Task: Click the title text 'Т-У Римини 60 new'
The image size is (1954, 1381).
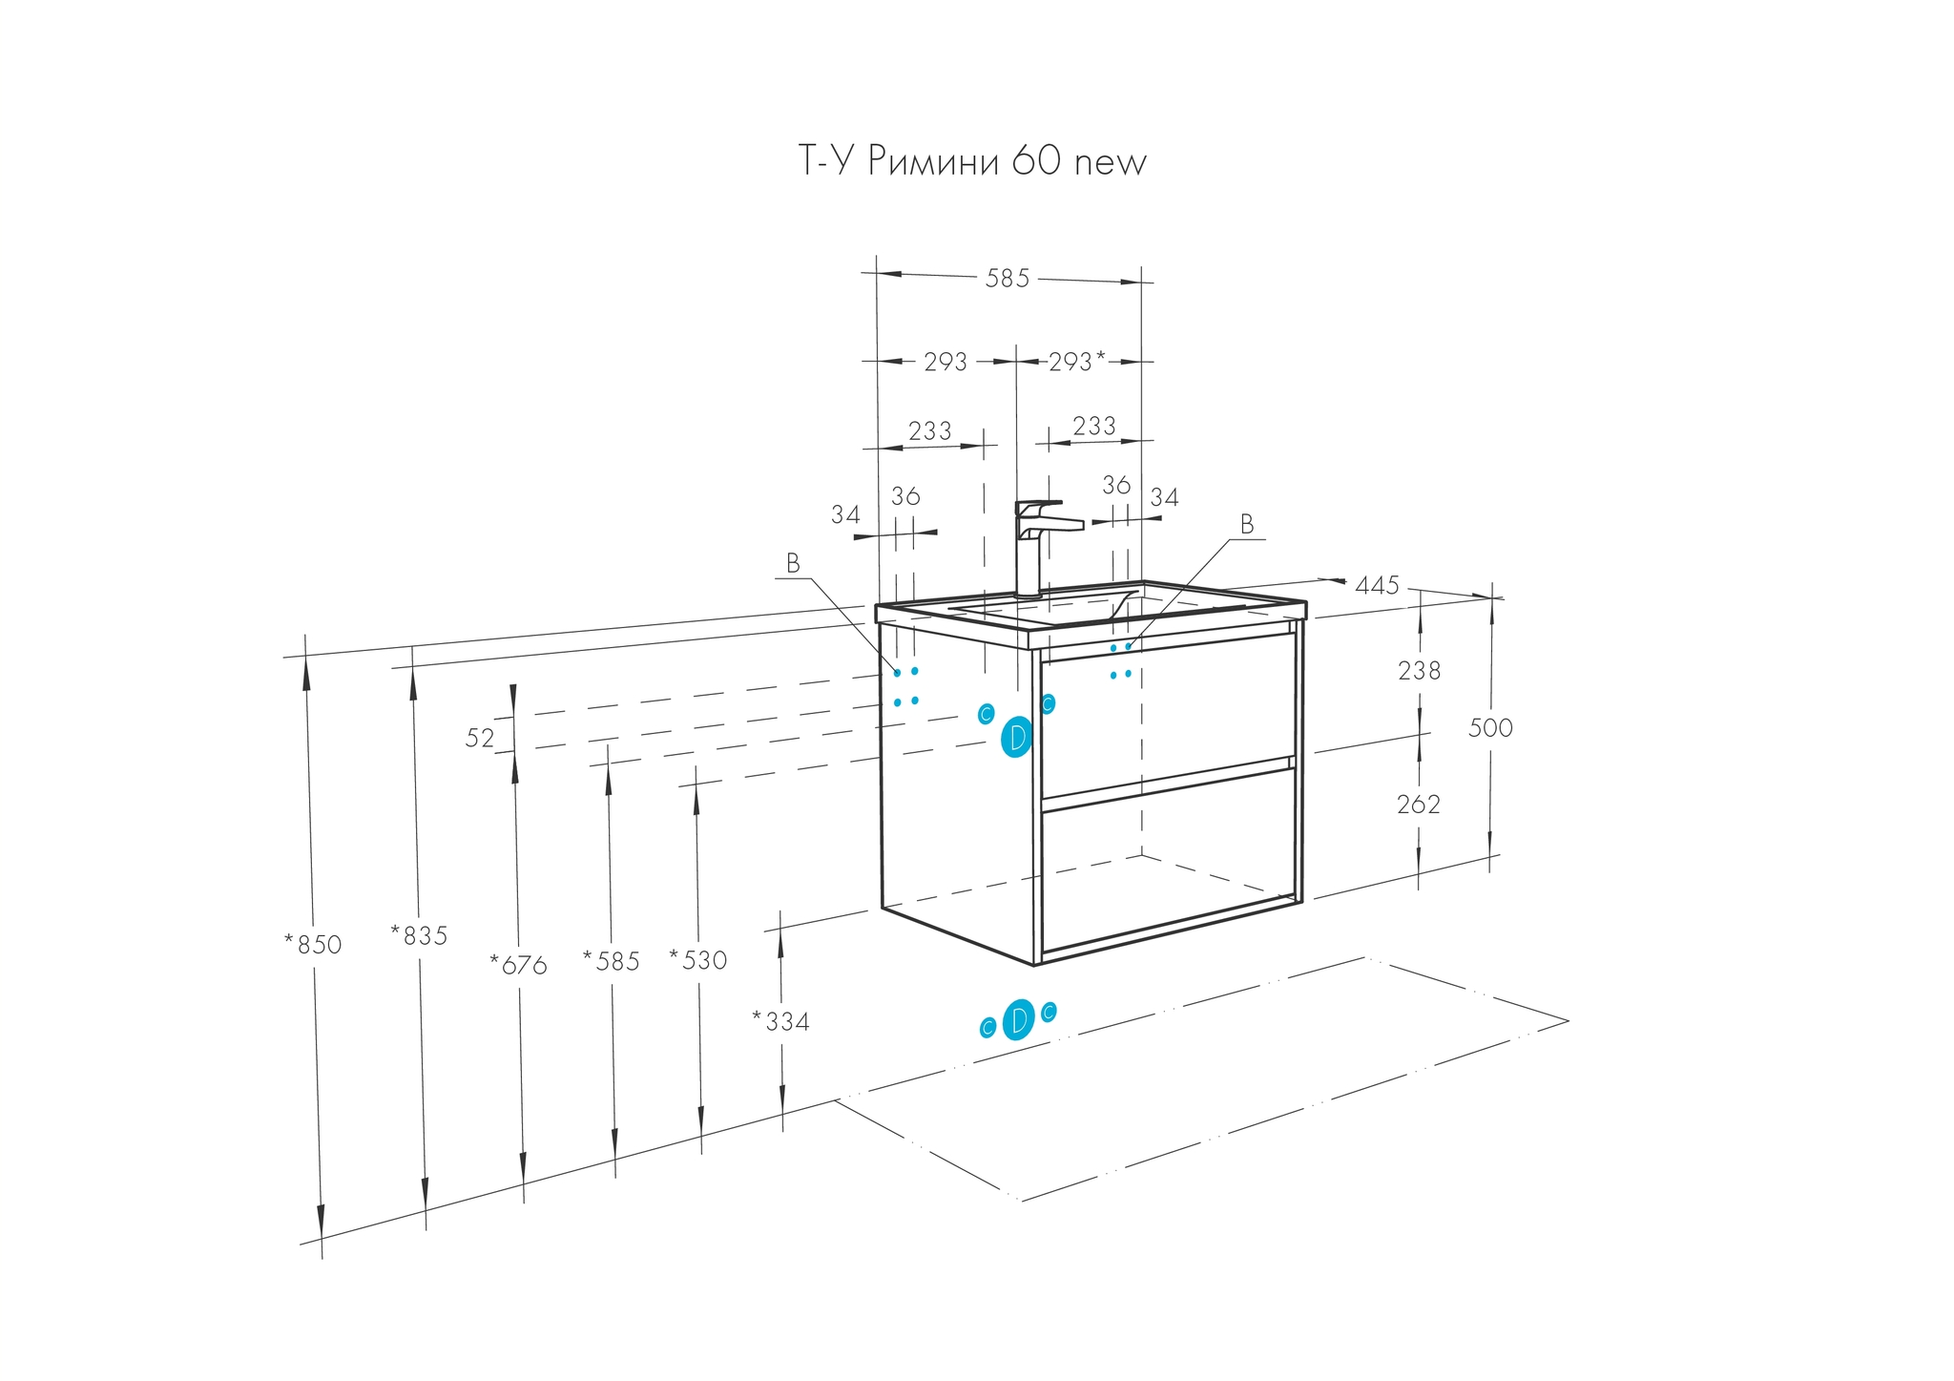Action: point(971,162)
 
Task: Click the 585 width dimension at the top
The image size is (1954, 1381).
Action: point(1008,279)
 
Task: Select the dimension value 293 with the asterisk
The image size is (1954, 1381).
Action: point(1076,362)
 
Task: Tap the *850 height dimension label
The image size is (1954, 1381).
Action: point(313,945)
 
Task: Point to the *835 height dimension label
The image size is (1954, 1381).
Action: point(419,936)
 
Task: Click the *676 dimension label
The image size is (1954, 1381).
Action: point(518,966)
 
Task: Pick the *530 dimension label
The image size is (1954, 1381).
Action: point(698,960)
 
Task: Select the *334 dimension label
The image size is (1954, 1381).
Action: point(780,1022)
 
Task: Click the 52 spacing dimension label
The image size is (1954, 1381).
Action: point(480,738)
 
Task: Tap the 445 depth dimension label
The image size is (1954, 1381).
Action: point(1377,585)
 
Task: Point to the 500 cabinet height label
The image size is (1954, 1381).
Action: point(1489,728)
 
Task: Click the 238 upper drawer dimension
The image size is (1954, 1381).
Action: point(1419,672)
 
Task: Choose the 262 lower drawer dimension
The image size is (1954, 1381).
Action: point(1418,805)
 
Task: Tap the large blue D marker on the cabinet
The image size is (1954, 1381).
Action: point(1017,738)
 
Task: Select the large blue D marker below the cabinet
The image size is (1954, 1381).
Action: point(1019,1019)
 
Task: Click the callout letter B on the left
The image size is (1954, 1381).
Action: point(793,564)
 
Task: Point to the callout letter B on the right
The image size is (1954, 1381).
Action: point(1246,524)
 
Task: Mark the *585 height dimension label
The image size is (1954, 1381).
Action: point(612,962)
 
